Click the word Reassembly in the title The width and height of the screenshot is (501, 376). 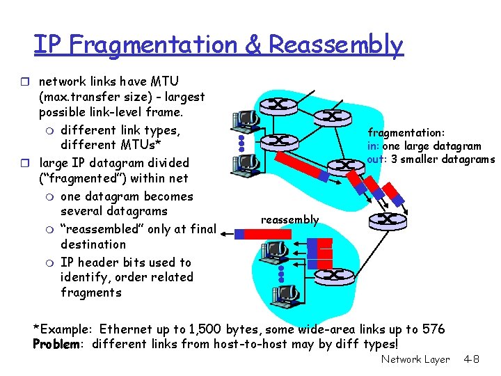[335, 45]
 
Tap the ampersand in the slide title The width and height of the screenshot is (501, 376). [254, 45]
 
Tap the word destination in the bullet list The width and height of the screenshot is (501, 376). [93, 244]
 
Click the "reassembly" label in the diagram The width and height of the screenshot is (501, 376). [289, 220]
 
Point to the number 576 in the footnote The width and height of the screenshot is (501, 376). [432, 329]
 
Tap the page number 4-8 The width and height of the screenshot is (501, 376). [471, 360]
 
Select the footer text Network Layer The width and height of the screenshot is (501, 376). [415, 360]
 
